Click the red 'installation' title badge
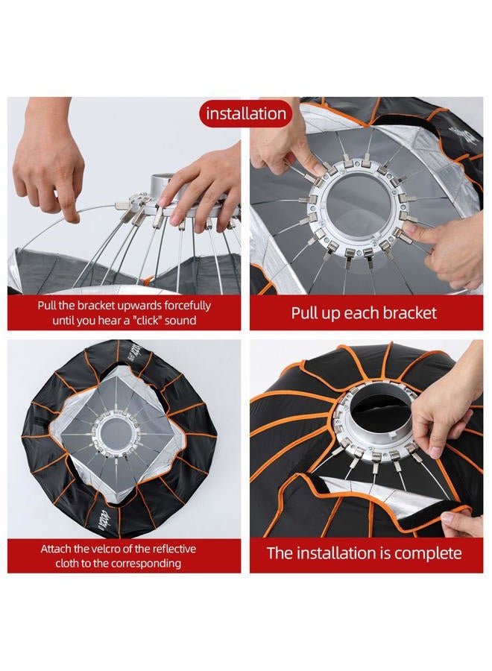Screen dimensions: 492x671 click(x=245, y=114)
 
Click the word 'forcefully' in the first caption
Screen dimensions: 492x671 click(x=188, y=306)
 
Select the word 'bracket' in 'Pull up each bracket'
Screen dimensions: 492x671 click(x=409, y=313)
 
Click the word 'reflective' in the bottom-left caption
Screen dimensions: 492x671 click(x=174, y=549)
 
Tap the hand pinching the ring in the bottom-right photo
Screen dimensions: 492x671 click(x=445, y=415)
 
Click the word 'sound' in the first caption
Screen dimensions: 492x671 click(x=180, y=320)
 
